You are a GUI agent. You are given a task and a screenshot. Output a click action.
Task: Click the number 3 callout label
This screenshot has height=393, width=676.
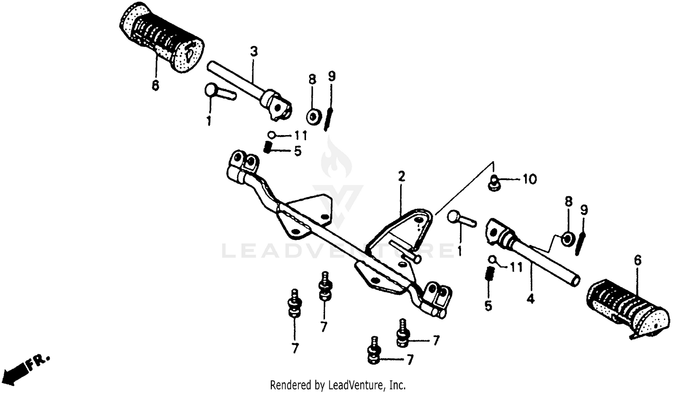point(254,51)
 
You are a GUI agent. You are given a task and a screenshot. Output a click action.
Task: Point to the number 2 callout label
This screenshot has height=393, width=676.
point(401,176)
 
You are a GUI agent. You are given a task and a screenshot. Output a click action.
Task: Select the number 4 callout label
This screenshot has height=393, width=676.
point(530,298)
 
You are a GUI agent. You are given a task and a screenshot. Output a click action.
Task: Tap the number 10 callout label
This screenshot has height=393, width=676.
point(530,179)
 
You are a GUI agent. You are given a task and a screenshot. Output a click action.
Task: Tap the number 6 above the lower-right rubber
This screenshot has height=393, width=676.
point(637,260)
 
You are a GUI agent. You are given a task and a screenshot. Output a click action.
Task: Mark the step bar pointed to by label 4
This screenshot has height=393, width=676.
point(541,256)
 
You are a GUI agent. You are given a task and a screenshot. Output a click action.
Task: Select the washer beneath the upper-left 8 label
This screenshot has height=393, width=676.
point(312,117)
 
